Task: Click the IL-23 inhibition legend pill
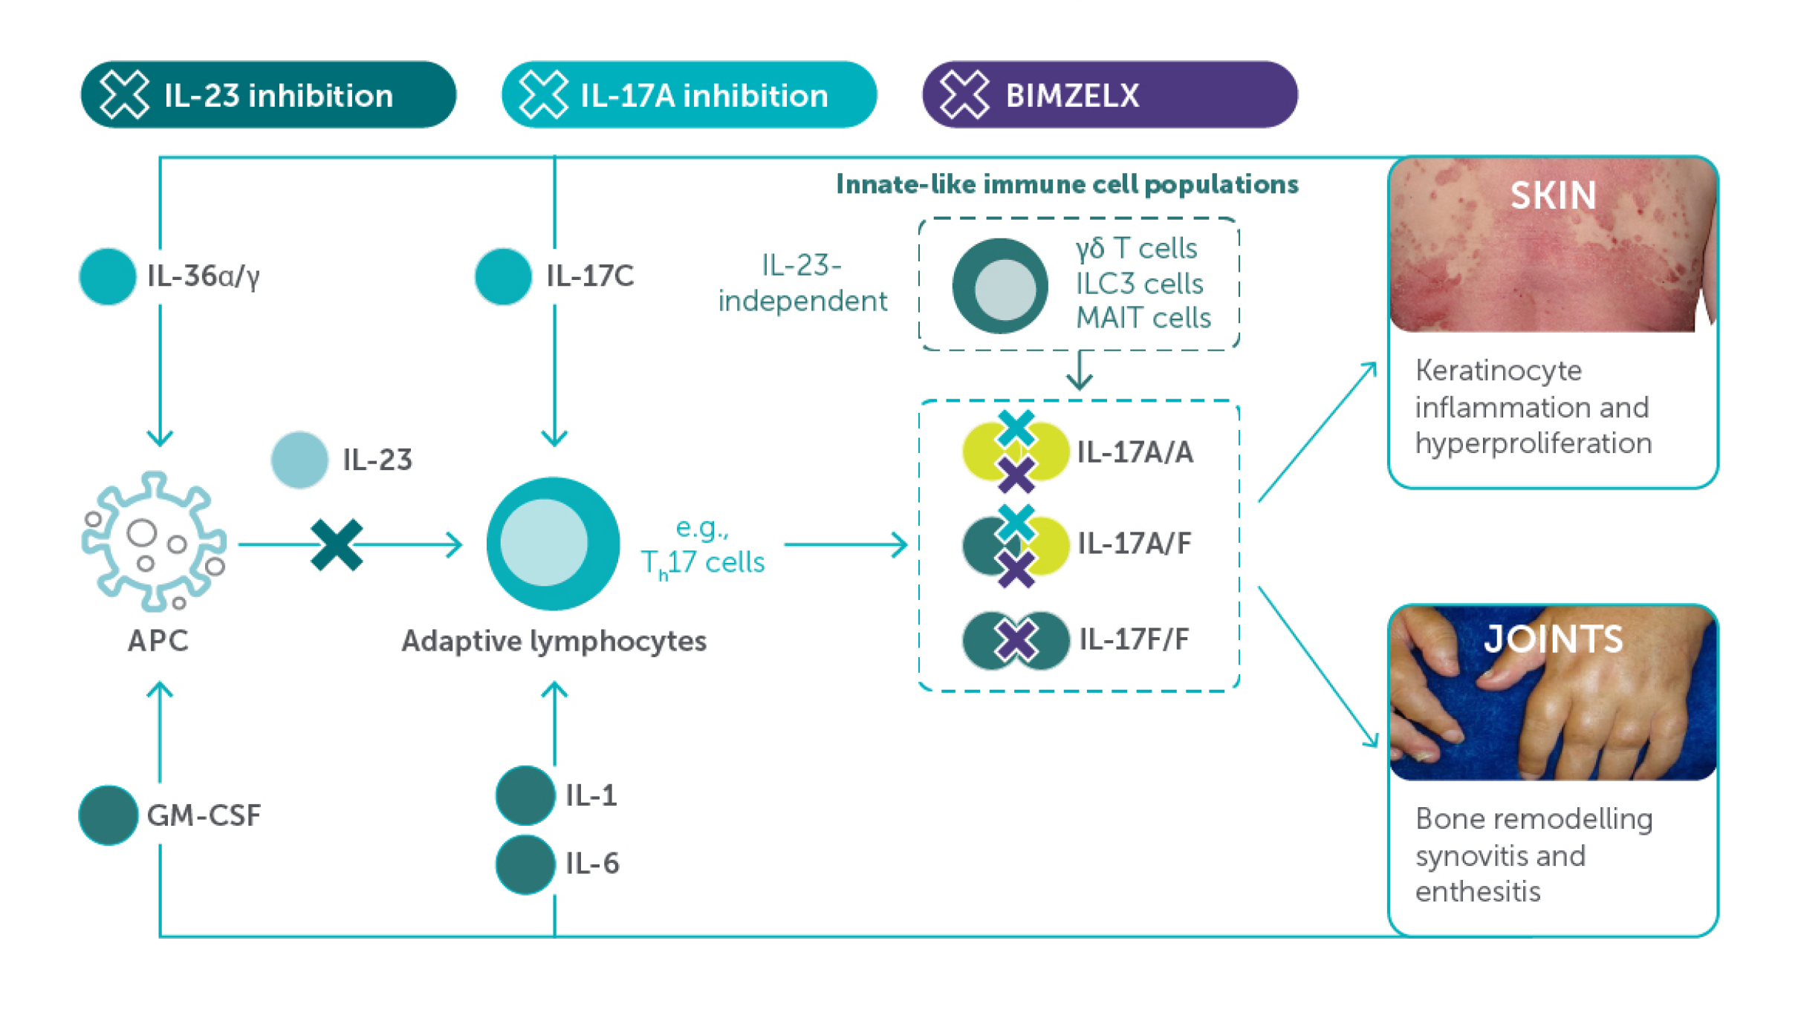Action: click(268, 95)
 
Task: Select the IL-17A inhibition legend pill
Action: click(689, 95)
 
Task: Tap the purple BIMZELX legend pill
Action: click(1109, 95)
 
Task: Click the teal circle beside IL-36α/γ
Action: click(108, 276)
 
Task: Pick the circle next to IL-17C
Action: click(503, 276)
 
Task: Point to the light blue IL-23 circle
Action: click(299, 460)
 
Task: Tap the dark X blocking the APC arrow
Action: click(337, 544)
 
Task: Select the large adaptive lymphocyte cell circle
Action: click(553, 544)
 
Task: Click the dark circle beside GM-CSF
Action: click(108, 815)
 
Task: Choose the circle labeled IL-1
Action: click(525, 795)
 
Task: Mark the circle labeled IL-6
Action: click(525, 864)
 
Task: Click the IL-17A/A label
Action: click(1135, 452)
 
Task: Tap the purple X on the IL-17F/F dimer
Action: click(1016, 640)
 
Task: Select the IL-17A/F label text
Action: click(1134, 544)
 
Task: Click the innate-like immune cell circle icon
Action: click(1000, 286)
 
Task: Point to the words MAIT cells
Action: click(1143, 318)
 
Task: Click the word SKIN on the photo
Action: click(1553, 196)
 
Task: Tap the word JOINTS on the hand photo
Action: click(1553, 639)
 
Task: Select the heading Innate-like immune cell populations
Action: click(1067, 184)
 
